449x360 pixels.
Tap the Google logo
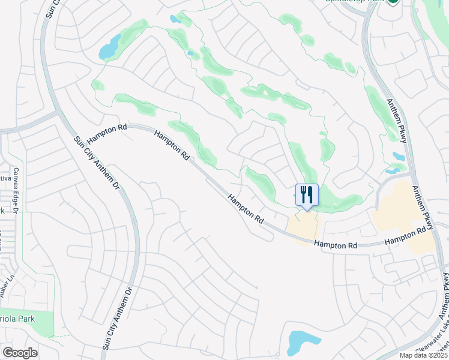click(20, 353)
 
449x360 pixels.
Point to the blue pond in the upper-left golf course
click(109, 47)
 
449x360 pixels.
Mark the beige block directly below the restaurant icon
click(304, 227)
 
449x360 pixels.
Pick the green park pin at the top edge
click(393, 2)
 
